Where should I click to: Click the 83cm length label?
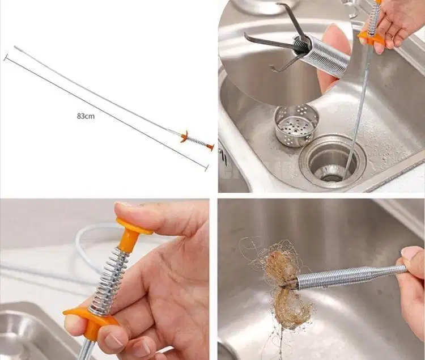click(86, 116)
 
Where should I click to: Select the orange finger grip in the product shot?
click(185, 136)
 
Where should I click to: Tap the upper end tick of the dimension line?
click(6, 57)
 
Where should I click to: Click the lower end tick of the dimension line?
click(207, 168)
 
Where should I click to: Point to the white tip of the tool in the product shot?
click(16, 48)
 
